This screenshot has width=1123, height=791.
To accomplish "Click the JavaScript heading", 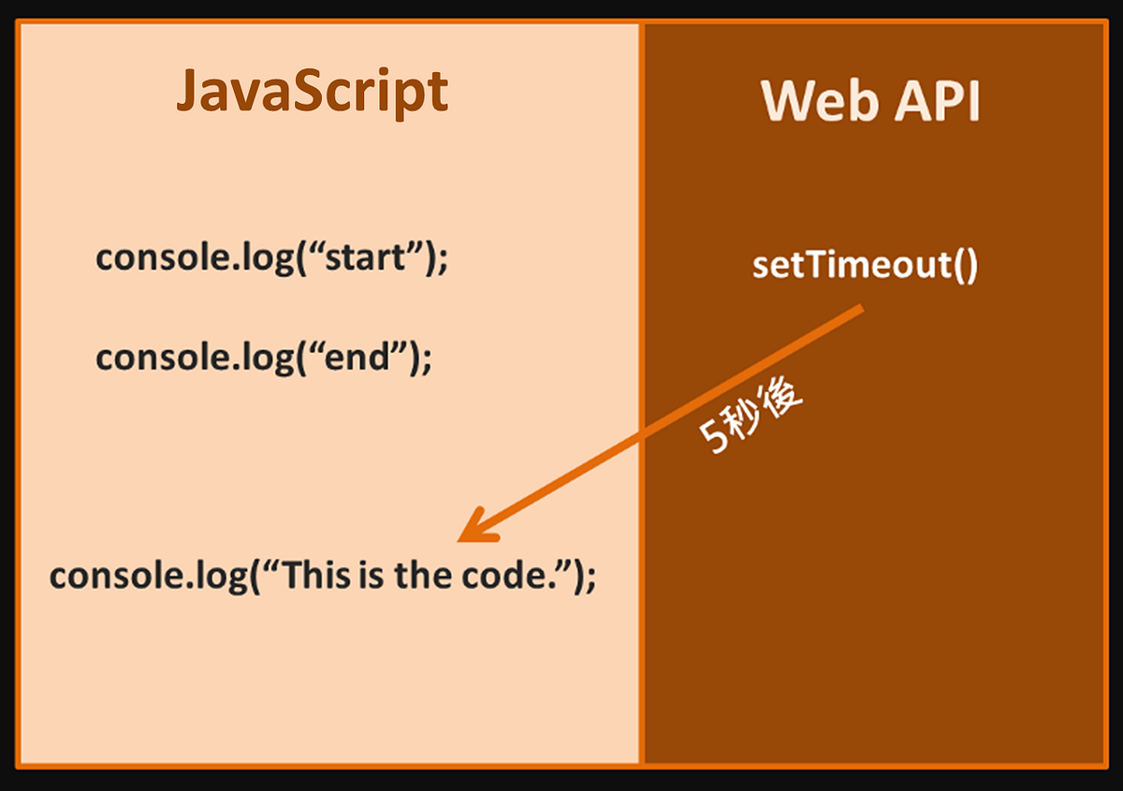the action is point(312,93).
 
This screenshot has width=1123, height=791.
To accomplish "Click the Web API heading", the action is point(869,101).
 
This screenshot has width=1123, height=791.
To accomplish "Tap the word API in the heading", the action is point(937,101).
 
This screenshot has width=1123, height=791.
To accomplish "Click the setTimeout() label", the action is point(865,265).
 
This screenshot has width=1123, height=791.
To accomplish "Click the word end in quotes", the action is point(357,357).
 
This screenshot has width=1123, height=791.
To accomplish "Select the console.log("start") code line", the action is point(271,258).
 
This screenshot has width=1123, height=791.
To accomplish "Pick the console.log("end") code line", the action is point(263,358).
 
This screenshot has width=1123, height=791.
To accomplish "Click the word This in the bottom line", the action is point(318,575).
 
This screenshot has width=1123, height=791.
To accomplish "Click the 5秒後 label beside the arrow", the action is point(751,416).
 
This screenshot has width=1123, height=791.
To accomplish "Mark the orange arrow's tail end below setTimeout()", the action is point(862,307).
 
